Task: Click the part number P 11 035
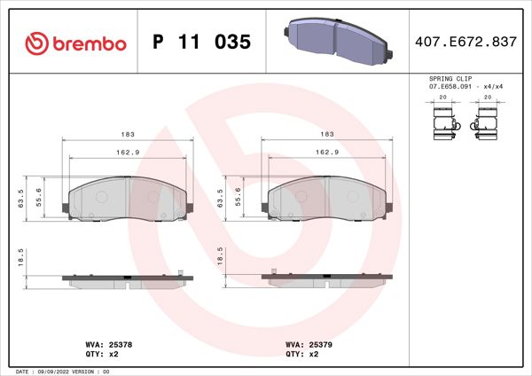pos(201,43)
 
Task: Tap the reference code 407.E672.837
pos(465,43)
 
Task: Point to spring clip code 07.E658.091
pos(452,87)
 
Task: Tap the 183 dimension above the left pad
pos(128,134)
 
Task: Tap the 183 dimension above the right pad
pos(326,134)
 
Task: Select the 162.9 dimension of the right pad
pos(326,152)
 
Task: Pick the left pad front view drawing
pos(127,200)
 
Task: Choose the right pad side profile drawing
pos(325,278)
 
